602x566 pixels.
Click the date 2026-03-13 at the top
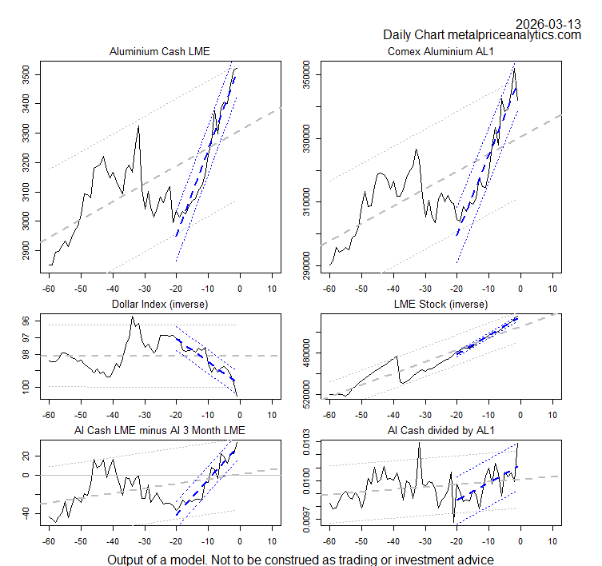click(x=548, y=23)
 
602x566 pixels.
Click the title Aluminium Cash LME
click(x=160, y=52)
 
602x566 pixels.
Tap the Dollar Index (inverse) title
click(x=160, y=305)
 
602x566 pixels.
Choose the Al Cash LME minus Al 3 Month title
click(x=160, y=431)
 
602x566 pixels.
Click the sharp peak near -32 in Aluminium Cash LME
click(x=138, y=126)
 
